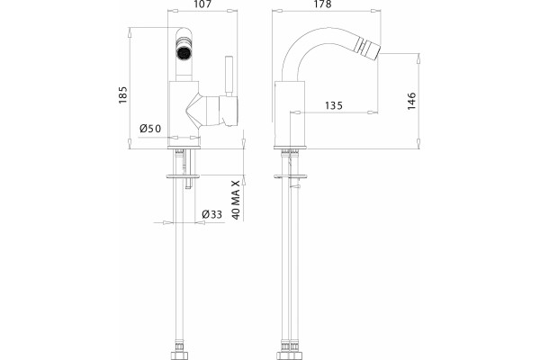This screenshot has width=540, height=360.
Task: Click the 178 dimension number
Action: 323,4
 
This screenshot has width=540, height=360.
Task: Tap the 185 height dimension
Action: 122,94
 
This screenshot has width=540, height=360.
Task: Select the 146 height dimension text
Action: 411,101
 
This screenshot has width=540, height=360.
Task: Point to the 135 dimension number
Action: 334,105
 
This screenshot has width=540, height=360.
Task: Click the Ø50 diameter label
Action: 150,129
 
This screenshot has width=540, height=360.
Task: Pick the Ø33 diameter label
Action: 212,214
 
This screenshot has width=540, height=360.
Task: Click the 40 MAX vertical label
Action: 236,200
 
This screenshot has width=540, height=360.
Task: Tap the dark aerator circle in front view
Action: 184,53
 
